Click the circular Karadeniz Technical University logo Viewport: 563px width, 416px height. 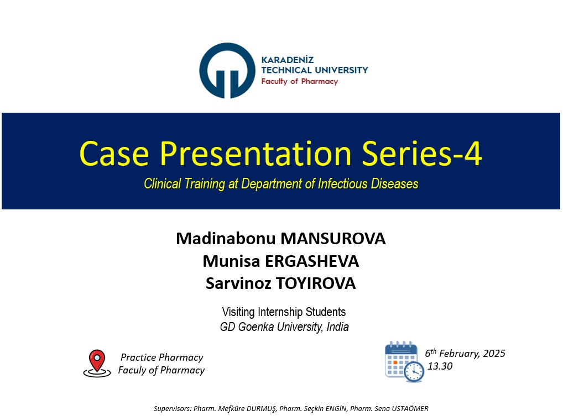coord(227,70)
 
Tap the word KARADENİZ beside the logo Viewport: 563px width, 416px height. coord(287,60)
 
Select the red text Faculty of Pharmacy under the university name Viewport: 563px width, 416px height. coord(299,81)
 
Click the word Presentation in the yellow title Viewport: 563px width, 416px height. coord(256,154)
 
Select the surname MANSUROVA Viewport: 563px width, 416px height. coord(333,239)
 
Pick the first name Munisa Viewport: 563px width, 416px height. coord(231,261)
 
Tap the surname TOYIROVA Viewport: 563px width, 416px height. coord(316,283)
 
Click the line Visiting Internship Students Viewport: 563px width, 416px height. coord(284,312)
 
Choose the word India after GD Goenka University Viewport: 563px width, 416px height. coord(337,327)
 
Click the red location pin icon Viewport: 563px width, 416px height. coord(97,363)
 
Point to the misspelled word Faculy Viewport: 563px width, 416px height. coord(132,370)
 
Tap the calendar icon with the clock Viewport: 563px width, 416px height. coord(404,361)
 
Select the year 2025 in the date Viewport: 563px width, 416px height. coord(494,354)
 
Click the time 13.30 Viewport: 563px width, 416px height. coord(440,366)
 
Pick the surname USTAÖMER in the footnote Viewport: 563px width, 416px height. coord(410,408)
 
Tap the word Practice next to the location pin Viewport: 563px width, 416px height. coord(138,357)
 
